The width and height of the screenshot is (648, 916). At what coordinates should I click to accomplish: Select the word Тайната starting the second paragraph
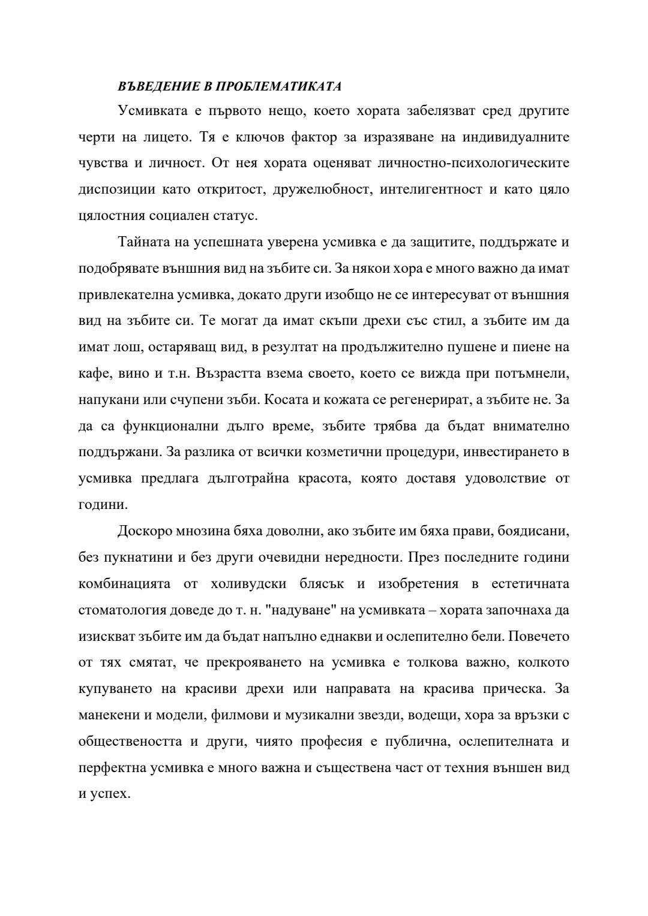point(142,242)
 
